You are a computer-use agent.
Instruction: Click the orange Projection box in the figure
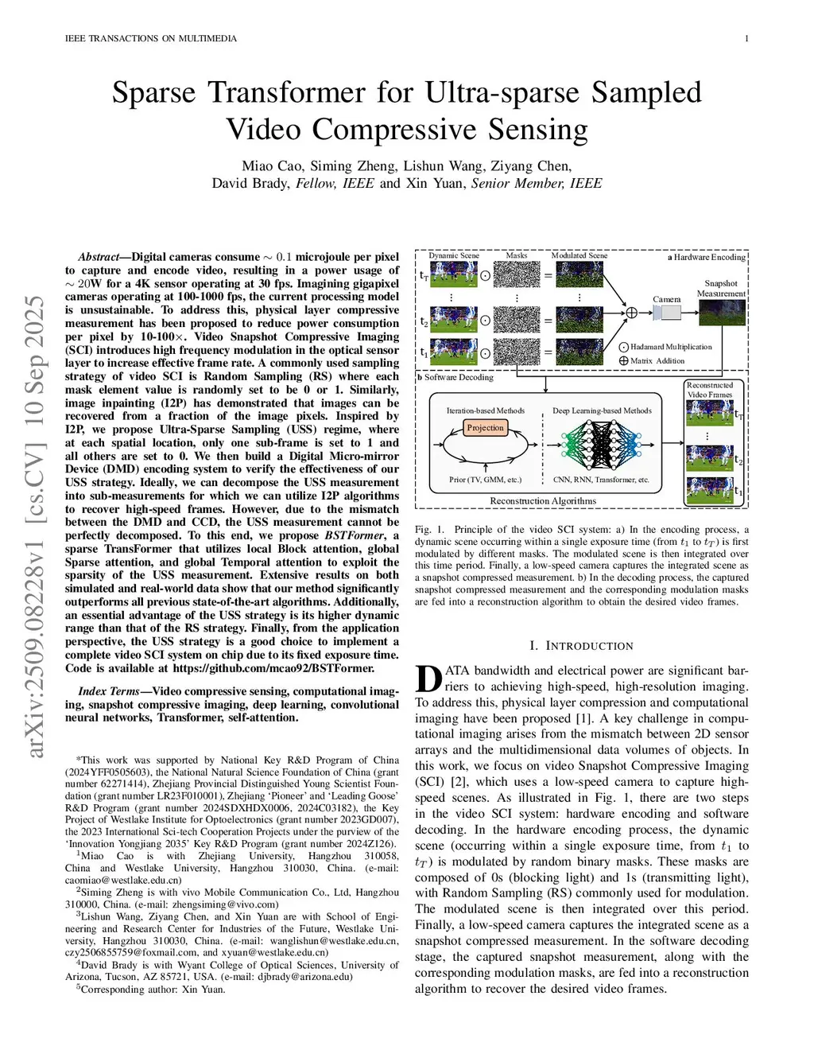tap(485, 428)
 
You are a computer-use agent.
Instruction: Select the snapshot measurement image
tap(722, 313)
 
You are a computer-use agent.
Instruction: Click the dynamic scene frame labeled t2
tap(453, 320)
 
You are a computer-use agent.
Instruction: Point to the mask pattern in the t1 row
tap(517, 352)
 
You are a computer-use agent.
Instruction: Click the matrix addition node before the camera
tap(632, 313)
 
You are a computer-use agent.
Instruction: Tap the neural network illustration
tap(602, 445)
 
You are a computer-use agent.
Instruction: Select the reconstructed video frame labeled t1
tap(709, 490)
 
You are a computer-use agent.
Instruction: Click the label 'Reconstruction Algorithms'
tap(542, 501)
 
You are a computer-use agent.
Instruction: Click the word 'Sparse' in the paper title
tap(153, 92)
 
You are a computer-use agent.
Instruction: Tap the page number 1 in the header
tap(746, 38)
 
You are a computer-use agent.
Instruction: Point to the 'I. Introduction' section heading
tap(581, 646)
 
